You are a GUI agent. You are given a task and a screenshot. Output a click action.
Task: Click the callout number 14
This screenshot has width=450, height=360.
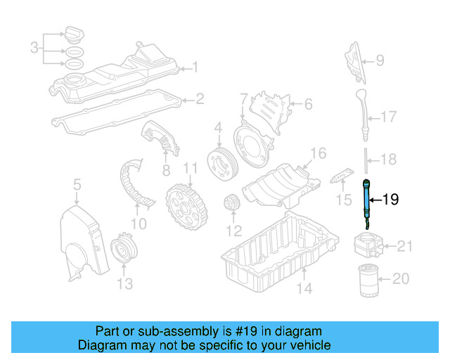(x=304, y=287)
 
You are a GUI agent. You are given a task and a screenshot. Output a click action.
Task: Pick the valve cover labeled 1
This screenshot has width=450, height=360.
(x=120, y=77)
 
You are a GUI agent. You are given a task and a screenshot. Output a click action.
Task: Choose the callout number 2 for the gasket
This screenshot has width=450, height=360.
(x=200, y=99)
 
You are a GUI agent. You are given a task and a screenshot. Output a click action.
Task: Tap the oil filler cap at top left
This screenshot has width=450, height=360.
(x=74, y=34)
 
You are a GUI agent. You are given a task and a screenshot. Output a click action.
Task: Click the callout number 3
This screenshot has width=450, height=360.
(x=34, y=49)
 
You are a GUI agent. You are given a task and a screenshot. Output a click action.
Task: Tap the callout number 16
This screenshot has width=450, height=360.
(x=318, y=153)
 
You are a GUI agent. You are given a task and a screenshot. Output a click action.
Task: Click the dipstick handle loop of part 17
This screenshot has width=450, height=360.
(x=361, y=96)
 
